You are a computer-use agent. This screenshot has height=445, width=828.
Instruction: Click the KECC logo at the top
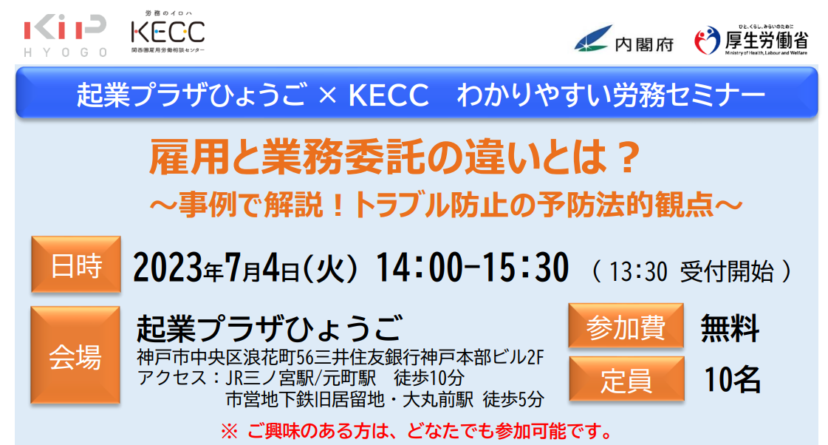click(168, 32)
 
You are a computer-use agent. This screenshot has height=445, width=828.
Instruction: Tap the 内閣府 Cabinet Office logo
click(623, 39)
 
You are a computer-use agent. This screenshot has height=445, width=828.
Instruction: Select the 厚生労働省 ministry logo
click(750, 40)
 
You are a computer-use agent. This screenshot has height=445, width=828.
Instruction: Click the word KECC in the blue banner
click(389, 95)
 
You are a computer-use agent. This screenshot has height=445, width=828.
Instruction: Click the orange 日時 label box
click(76, 265)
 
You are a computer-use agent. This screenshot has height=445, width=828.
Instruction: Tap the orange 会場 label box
click(75, 356)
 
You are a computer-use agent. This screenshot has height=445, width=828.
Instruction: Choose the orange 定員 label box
click(626, 379)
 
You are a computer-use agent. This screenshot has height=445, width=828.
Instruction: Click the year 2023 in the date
click(168, 268)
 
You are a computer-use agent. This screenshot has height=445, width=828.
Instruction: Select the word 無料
click(730, 328)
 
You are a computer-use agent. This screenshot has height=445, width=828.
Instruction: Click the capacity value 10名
click(733, 379)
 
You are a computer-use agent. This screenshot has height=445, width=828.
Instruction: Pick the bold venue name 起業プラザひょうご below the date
click(270, 327)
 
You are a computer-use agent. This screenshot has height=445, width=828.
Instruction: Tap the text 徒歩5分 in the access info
click(513, 400)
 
